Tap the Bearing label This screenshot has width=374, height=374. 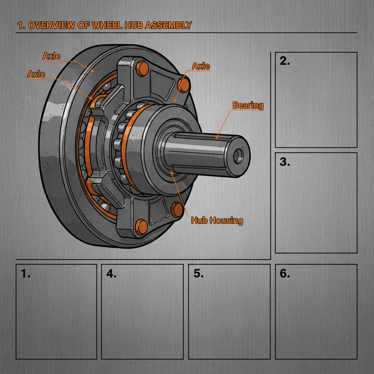(248, 106)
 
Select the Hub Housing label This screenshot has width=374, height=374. (217, 220)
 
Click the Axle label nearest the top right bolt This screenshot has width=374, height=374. (201, 66)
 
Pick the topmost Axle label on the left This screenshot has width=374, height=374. (51, 56)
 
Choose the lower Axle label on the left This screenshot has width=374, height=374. (36, 74)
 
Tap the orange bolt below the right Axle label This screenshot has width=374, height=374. (183, 85)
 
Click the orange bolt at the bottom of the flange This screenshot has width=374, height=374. (141, 226)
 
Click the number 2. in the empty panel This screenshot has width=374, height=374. (285, 61)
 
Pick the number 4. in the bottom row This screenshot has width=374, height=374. (111, 274)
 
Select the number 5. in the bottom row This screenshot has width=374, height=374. (198, 274)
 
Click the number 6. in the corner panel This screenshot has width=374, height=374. (285, 274)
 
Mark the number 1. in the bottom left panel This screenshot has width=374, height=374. (25, 274)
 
